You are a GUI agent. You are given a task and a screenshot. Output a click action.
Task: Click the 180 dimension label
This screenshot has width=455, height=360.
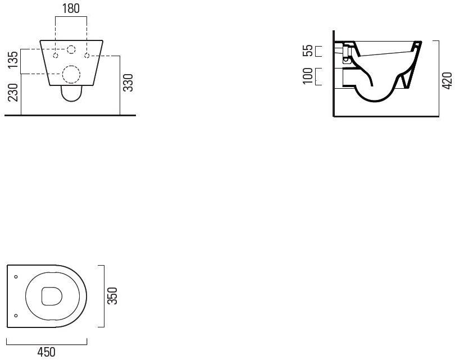pos(71,8)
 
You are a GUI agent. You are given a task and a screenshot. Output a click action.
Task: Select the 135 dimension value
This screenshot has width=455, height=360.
pos(13,60)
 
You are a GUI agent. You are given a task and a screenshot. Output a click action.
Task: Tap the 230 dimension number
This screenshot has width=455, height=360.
pos(13,93)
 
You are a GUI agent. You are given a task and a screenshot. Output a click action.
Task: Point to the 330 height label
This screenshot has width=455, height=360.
pos(128,83)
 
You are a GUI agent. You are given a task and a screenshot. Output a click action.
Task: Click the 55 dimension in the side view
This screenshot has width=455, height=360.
pos(308,51)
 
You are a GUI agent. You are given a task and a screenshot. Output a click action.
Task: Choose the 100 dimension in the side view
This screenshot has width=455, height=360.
pos(308,76)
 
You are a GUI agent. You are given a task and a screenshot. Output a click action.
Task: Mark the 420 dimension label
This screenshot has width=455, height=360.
pos(447,81)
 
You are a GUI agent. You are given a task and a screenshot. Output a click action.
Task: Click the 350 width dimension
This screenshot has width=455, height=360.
pos(112,296)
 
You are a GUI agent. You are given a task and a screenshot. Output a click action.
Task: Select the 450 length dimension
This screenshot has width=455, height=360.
pos(46,352)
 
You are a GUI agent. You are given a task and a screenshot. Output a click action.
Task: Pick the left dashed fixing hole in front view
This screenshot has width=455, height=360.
pos(56,56)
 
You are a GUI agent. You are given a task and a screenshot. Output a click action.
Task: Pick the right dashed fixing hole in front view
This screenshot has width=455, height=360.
pos(87,56)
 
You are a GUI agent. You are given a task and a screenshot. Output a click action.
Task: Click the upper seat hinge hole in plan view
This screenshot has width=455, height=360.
pos(16,277)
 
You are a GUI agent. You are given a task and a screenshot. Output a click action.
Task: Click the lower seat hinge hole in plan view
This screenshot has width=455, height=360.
pos(16,316)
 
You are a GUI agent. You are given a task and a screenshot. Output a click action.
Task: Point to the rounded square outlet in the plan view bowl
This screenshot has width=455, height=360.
pos(42,296)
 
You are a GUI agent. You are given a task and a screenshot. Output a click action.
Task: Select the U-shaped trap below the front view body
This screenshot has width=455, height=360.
pos(71,101)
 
